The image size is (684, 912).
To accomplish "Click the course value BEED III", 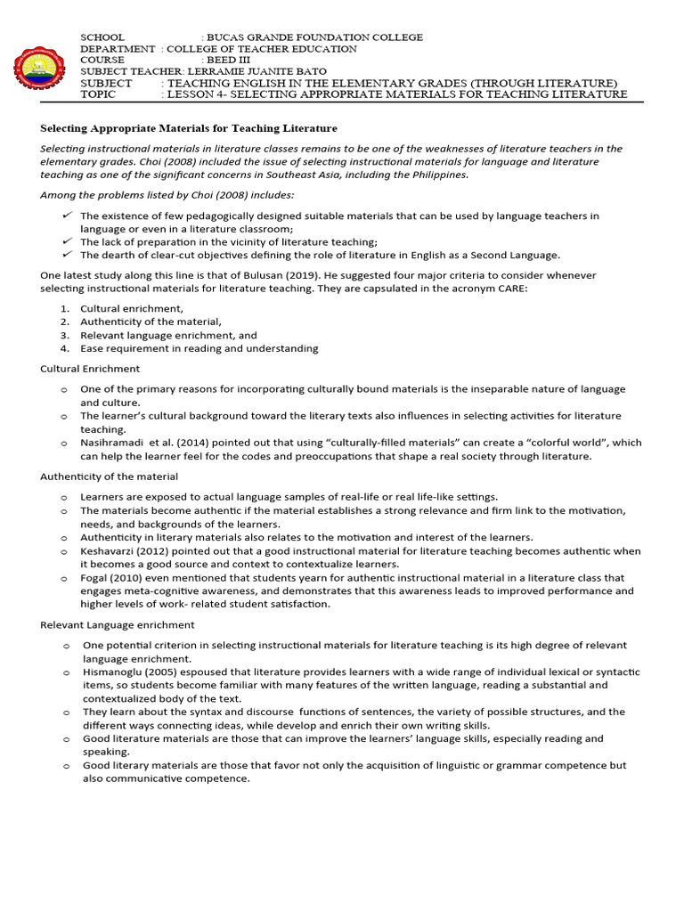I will tap(230, 60).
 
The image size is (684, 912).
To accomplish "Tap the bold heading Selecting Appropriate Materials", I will tap(189, 129).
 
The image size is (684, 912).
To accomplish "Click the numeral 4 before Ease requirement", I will tap(64, 348).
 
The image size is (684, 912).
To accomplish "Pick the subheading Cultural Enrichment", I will tap(90, 369).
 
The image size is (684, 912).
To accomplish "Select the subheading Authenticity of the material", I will tap(109, 476).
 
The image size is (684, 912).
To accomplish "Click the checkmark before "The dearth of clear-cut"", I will tap(68, 254).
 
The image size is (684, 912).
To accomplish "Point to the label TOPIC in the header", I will tap(98, 94).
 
